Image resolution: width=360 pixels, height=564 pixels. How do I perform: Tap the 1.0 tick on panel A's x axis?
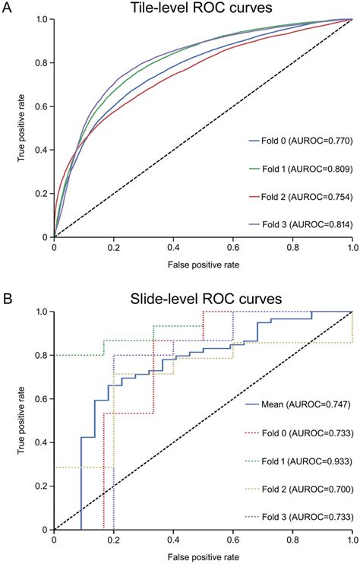point(352,247)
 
